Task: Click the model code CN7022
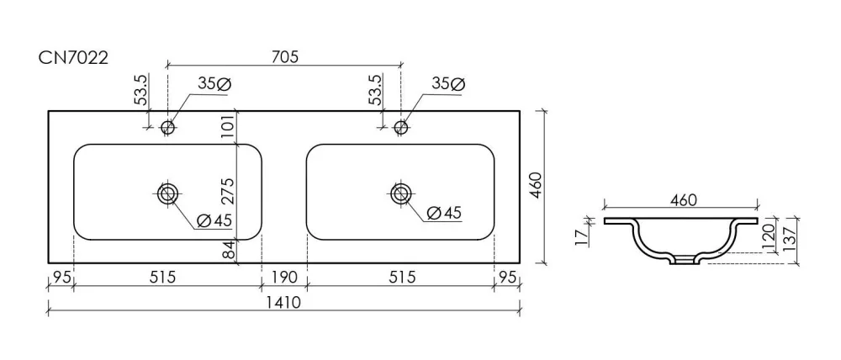(73, 57)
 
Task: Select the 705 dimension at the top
(284, 56)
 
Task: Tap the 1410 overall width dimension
(284, 303)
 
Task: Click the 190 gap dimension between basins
(284, 278)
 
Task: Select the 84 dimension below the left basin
(229, 250)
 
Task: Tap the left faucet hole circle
(168, 127)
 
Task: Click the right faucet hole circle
(400, 127)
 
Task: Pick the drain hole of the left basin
(168, 193)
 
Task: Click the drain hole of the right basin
(400, 193)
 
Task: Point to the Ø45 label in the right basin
(444, 213)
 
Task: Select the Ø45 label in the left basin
(214, 220)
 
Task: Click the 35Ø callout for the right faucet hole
(448, 84)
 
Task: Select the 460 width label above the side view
(683, 201)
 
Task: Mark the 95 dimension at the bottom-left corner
(61, 278)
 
